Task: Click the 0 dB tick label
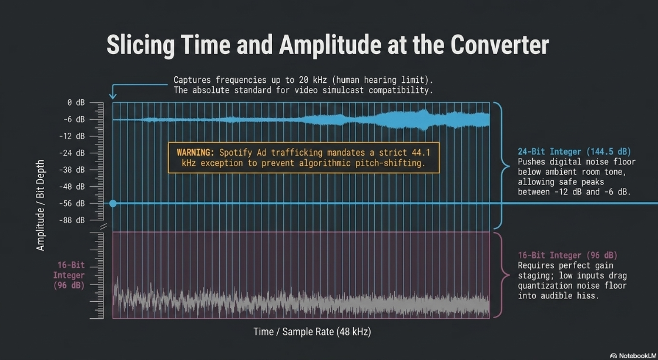[76, 103]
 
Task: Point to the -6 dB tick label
[74, 120]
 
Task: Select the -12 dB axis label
[72, 136]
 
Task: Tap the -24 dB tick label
[72, 153]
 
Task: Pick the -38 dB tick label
[72, 170]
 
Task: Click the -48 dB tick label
[72, 187]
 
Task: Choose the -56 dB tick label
[72, 204]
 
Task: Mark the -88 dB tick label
[72, 220]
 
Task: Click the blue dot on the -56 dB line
[113, 204]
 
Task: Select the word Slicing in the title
[140, 45]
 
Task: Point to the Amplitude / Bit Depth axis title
[41, 205]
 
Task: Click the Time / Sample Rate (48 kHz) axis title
[312, 332]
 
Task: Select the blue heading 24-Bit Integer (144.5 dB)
[575, 152]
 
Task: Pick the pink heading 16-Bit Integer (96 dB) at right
[568, 255]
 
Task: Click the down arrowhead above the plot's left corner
[113, 96]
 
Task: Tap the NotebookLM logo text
[634, 356]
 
